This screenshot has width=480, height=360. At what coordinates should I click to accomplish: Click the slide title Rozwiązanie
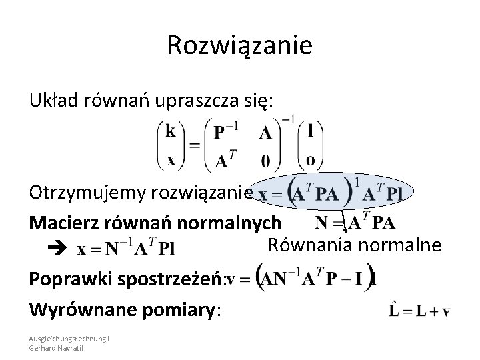[x=240, y=46]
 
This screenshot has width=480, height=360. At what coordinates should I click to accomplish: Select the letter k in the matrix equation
[x=171, y=131]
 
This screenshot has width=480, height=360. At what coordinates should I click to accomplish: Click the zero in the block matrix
[x=265, y=161]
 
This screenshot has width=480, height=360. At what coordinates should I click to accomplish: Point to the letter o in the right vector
[x=311, y=160]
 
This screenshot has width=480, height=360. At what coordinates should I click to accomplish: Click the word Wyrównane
[x=75, y=310]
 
